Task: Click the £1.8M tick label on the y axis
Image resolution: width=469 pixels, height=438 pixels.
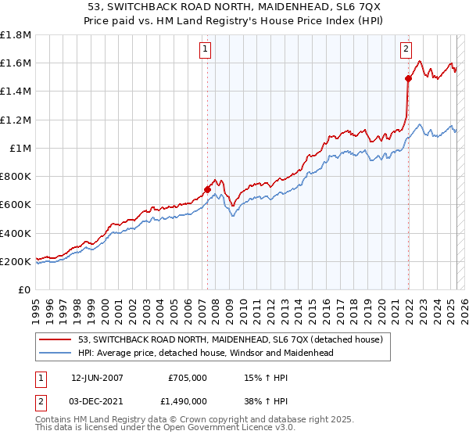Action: click(16, 35)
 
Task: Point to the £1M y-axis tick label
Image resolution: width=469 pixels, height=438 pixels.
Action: click(19, 148)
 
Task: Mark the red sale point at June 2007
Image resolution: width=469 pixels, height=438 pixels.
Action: click(207, 188)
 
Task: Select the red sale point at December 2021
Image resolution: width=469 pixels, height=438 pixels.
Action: click(408, 78)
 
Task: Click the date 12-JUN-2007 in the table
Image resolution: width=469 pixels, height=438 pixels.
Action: click(97, 377)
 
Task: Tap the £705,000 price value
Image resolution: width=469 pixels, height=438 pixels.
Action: click(187, 377)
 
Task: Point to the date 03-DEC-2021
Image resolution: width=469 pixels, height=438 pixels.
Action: click(97, 400)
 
